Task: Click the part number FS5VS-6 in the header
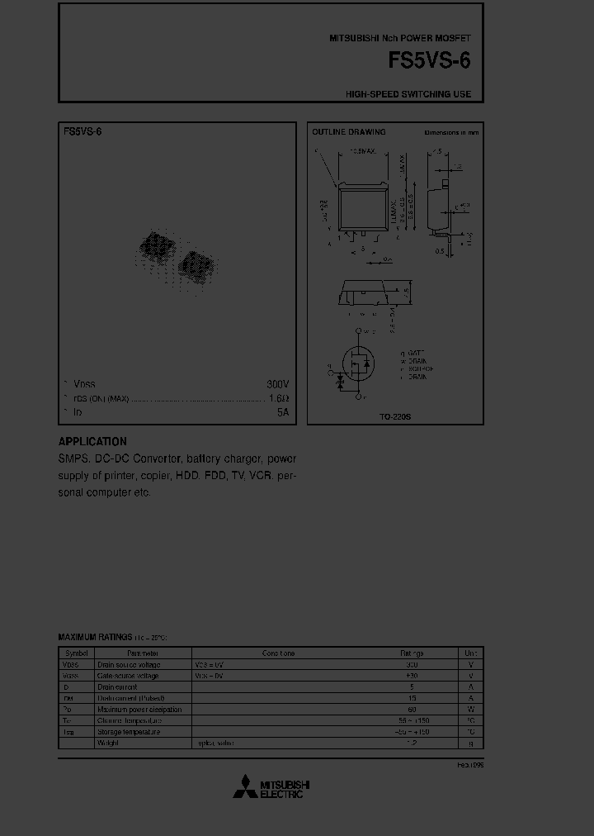(430, 62)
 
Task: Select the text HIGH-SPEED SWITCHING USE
(408, 94)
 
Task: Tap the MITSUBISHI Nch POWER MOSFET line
(400, 39)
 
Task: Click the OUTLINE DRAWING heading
(348, 132)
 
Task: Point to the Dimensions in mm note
(451, 132)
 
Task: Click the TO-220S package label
(395, 417)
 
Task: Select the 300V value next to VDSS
(277, 384)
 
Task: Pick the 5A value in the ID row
(283, 411)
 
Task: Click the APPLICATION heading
(92, 441)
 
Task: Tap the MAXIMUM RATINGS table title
(95, 637)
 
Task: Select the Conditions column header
(278, 653)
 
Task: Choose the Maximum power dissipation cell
(139, 709)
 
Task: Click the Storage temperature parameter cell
(129, 731)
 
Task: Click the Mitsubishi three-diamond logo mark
(244, 788)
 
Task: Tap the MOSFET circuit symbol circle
(358, 361)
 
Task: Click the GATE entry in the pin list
(413, 352)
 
